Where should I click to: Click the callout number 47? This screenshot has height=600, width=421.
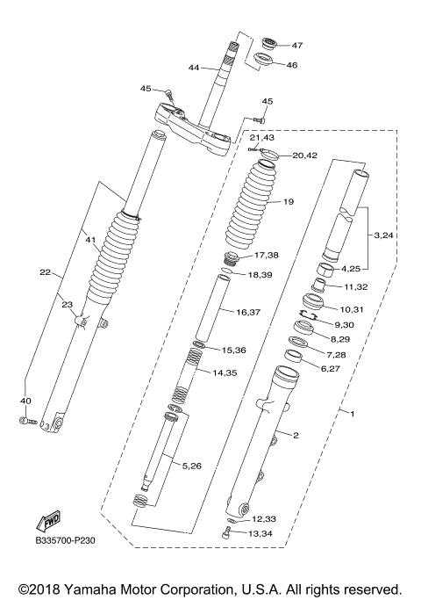pyautogui.click(x=296, y=46)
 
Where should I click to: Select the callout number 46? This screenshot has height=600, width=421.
pyautogui.click(x=292, y=64)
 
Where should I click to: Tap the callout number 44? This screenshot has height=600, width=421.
pyautogui.click(x=194, y=67)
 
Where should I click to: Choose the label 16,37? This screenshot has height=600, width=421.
pyautogui.click(x=250, y=312)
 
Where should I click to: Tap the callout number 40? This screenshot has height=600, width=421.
pyautogui.click(x=25, y=401)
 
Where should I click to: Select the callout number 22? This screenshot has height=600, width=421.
pyautogui.click(x=45, y=272)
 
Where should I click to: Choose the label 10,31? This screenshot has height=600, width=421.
pyautogui.click(x=351, y=308)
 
